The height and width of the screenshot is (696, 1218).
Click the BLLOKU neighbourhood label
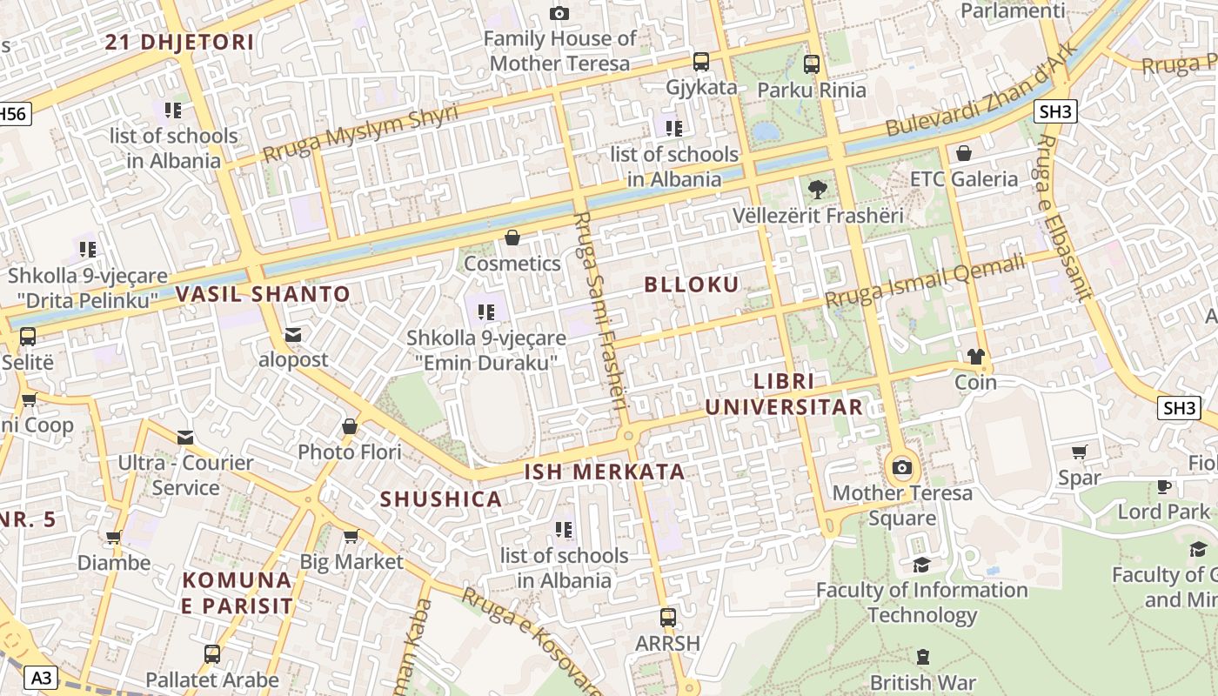click(692, 284)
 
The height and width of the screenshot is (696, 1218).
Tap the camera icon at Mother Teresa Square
click(902, 468)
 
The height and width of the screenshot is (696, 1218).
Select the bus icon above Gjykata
click(701, 62)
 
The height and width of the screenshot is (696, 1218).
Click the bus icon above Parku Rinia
click(812, 64)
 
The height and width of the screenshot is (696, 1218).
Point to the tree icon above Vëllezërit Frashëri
click(818, 189)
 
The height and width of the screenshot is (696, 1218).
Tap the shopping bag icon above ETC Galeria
click(964, 154)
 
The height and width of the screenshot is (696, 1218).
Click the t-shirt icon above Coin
click(975, 357)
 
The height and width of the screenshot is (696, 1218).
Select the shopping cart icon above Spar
click(1080, 452)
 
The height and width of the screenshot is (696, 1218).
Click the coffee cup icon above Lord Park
click(1164, 485)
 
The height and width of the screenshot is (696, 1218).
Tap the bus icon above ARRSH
click(668, 618)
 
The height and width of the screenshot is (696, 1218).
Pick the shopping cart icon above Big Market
click(351, 536)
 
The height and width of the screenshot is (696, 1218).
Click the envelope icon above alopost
click(293, 334)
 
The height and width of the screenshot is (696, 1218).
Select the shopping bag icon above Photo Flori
click(350, 426)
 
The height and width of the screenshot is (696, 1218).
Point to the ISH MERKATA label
click(605, 472)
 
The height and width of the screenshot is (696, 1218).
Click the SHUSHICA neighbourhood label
click(441, 499)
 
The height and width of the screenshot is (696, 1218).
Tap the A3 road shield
click(40, 677)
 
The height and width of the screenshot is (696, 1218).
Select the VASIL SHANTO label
click(263, 294)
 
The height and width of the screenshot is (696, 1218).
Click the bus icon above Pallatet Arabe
click(212, 654)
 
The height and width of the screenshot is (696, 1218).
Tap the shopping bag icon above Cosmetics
click(512, 238)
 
